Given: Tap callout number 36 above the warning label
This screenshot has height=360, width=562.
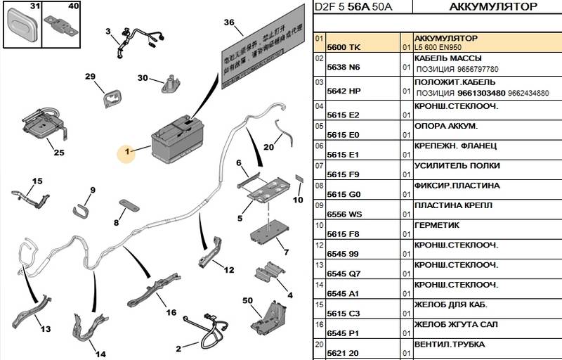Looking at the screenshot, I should [228, 22].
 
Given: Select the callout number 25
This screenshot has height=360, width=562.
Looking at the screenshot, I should [58, 153].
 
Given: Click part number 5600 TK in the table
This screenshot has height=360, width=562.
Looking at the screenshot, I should [343, 47].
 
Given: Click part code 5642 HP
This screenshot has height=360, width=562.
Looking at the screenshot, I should [344, 91].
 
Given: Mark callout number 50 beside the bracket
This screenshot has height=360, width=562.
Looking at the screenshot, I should [247, 301].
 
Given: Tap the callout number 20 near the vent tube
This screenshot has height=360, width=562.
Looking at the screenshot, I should [268, 148].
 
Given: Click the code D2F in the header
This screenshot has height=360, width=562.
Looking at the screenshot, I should [325, 8].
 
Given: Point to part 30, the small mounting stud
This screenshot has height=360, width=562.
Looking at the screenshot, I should [169, 83].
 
